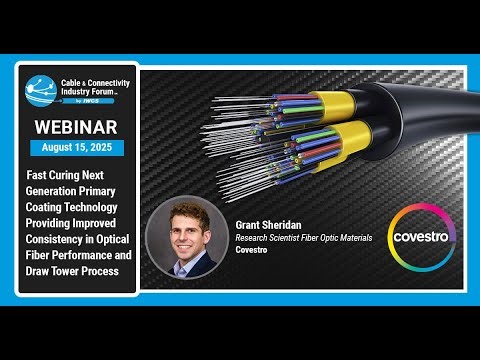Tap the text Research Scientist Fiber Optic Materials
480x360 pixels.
pos(304,237)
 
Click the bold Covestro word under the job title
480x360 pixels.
pos(255,250)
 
